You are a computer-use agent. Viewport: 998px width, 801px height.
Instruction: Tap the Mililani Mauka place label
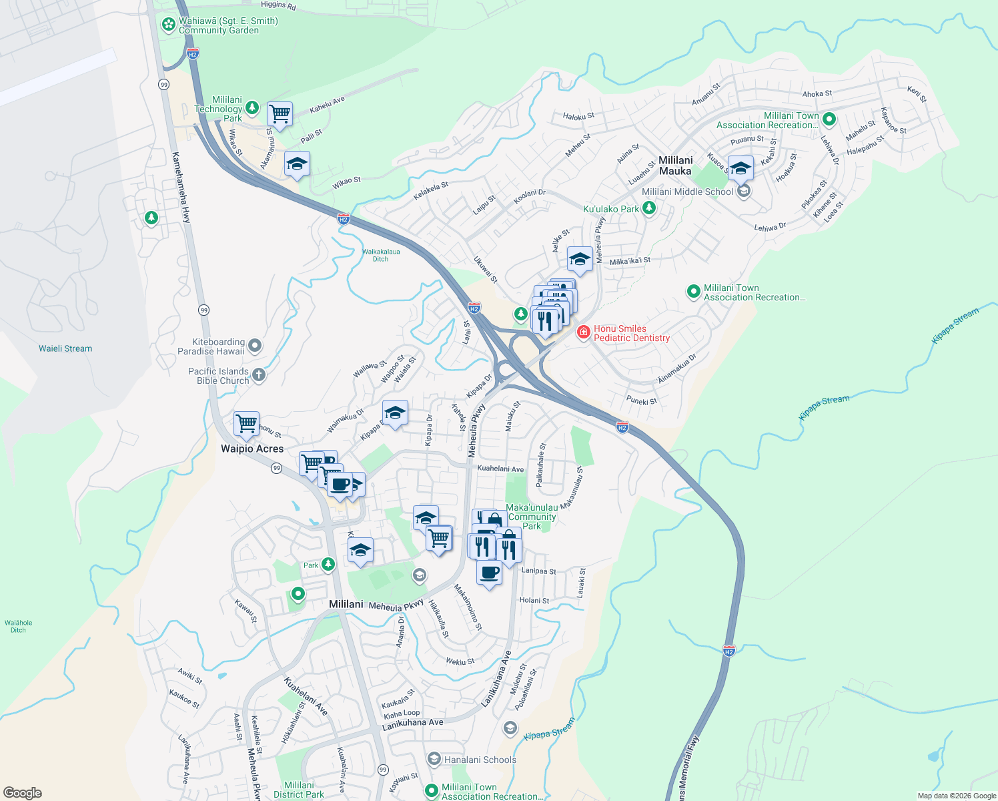pos(675,166)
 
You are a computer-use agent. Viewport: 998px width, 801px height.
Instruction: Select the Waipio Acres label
pos(252,449)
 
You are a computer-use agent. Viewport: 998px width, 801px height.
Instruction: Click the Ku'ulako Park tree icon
pos(648,209)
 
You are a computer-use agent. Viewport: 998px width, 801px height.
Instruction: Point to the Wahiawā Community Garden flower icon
pos(169,25)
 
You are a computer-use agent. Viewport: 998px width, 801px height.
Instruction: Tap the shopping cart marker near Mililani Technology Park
pos(280,113)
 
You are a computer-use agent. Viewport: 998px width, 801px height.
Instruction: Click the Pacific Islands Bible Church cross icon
pos(258,375)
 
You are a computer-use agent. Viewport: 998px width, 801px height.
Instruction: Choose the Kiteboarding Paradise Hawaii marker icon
pos(254,346)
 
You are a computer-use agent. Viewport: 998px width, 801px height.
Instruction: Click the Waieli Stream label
pos(65,348)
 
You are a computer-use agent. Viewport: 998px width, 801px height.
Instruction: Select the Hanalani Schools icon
pos(434,760)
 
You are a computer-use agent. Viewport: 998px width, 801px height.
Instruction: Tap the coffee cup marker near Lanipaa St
pos(489,573)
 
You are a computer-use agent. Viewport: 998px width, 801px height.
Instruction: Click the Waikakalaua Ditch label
pos(381,255)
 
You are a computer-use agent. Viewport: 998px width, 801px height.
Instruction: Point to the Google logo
pos(22,792)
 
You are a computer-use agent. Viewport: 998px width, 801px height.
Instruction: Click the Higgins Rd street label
pos(278,5)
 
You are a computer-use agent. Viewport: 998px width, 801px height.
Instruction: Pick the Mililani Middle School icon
pos(743,192)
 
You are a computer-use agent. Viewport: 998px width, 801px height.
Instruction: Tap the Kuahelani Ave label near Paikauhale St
pos(500,469)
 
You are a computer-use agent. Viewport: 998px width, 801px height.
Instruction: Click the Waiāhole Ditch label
pos(18,626)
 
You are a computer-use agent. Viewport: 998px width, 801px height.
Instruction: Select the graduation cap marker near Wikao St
pos(297,164)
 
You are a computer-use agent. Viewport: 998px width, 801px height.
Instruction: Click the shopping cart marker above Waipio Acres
pos(246,424)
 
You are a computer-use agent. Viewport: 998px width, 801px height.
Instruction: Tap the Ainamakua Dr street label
pos(676,368)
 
